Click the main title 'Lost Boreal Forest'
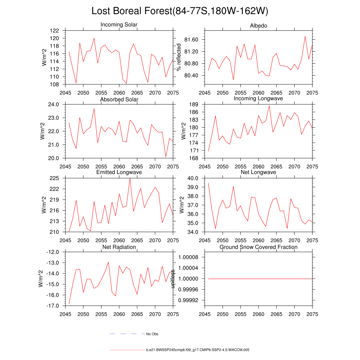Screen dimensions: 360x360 point(180,11)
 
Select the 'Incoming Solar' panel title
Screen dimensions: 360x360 point(119,25)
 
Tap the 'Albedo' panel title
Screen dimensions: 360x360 point(258,26)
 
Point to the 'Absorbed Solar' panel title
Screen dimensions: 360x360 point(119,99)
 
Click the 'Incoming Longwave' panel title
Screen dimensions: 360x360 point(258,98)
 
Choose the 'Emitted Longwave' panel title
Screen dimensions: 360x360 point(119,172)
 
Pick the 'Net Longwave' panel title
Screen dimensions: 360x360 point(258,172)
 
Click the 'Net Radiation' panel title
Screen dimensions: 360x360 point(119,247)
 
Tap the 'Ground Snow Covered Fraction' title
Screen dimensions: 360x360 point(258,247)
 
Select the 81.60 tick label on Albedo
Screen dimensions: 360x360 point(191,40)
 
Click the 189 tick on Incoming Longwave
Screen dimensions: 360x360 point(195,104)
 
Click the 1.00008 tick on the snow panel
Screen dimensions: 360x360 point(189,257)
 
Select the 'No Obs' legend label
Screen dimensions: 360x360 point(152,334)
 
